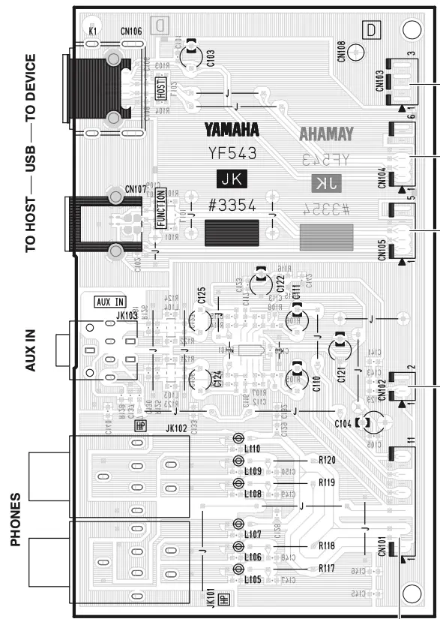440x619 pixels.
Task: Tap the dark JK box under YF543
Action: coord(232,179)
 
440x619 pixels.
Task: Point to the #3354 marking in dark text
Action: coord(232,206)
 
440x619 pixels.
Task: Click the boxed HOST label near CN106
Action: coord(160,88)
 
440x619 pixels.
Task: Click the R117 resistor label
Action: coord(326,569)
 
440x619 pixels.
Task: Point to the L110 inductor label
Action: coord(253,449)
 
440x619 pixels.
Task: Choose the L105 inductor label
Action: coord(253,580)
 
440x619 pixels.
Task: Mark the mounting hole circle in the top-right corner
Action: coord(412,29)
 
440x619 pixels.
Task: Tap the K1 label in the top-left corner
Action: coord(93,33)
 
